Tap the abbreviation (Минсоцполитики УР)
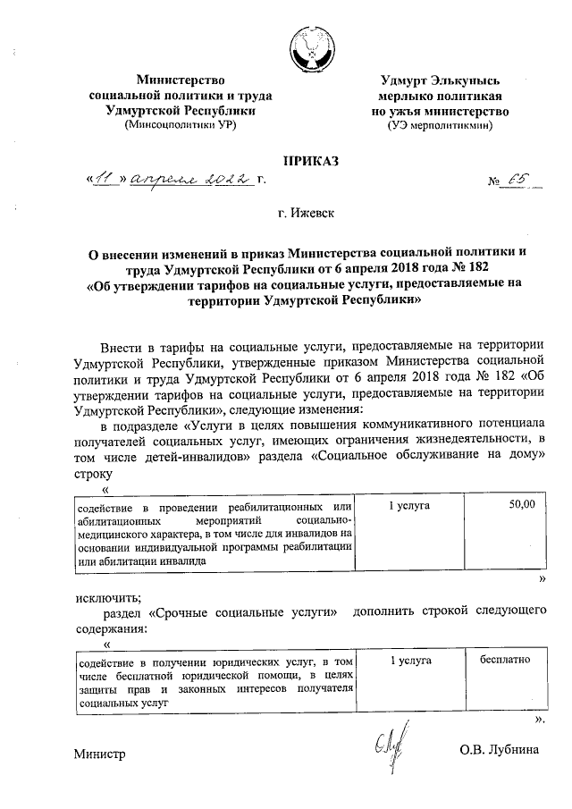pos(181,125)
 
